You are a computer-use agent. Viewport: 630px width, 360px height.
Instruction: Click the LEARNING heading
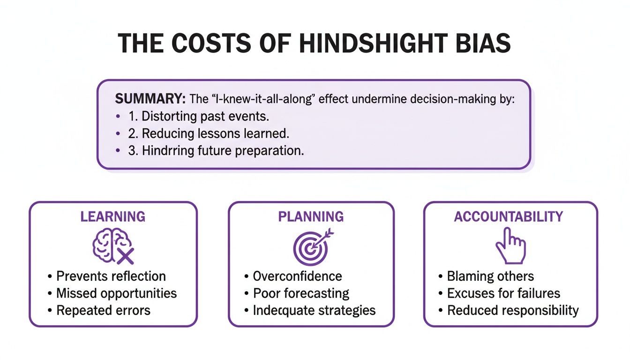[112, 217]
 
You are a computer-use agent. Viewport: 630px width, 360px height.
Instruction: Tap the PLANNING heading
[311, 217]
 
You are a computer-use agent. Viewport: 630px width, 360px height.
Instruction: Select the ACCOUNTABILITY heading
[509, 217]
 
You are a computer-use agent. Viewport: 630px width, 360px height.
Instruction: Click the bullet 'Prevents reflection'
[111, 276]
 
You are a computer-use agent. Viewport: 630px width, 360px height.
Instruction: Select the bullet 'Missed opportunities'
[116, 293]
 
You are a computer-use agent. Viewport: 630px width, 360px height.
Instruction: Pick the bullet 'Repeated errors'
[103, 310]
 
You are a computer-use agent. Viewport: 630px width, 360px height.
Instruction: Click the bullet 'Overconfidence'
[297, 276]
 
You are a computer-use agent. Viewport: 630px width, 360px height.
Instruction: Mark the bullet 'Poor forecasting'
[301, 293]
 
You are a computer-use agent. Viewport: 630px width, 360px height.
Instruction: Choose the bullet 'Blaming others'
[490, 277]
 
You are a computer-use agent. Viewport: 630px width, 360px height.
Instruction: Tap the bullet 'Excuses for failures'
[503, 293]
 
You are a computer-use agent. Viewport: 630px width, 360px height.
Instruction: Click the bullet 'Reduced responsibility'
[513, 310]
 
